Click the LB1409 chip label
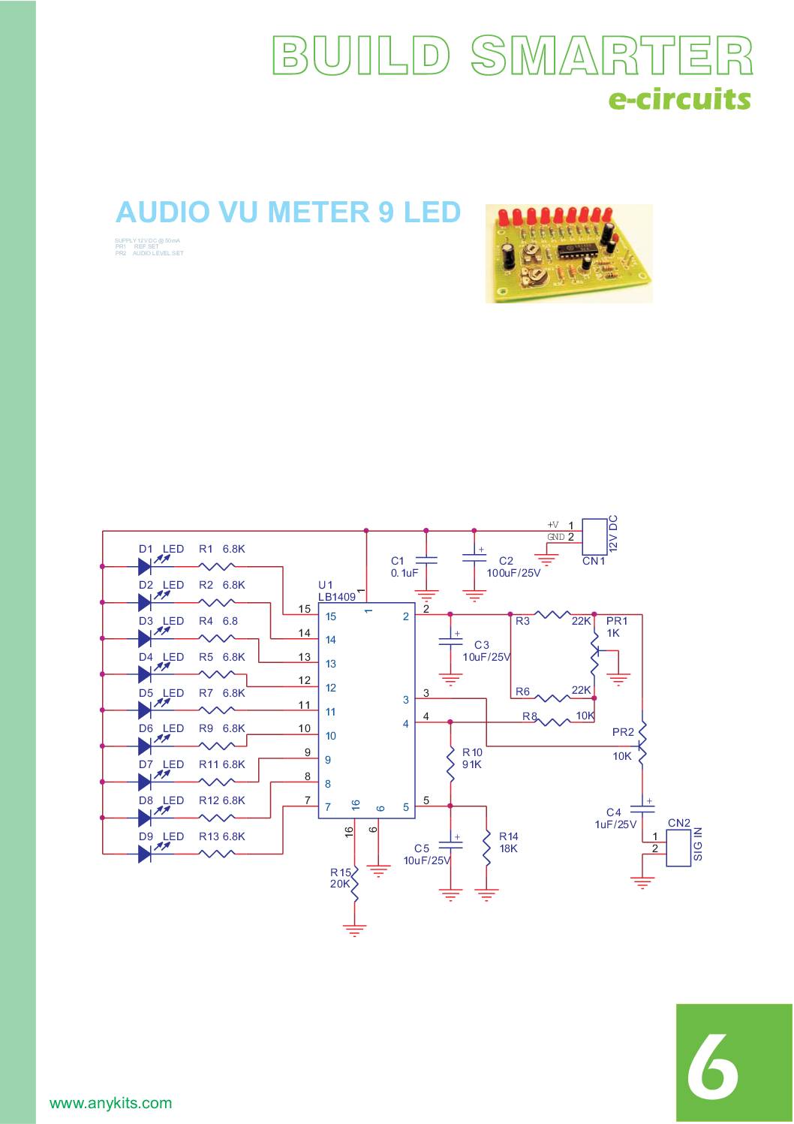pos(337,597)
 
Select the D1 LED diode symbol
pos(146,566)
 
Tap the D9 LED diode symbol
pos(146,854)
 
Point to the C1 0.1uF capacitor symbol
pos(426,560)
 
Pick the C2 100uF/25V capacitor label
pos(513,567)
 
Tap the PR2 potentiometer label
pos(623,732)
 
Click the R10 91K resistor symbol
pos(450,762)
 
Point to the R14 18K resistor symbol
pos(487,847)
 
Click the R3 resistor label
pos(522,621)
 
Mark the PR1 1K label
pos(616,627)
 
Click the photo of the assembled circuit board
pos(569,254)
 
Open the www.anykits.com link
pos(110,1103)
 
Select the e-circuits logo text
pos(679,98)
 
